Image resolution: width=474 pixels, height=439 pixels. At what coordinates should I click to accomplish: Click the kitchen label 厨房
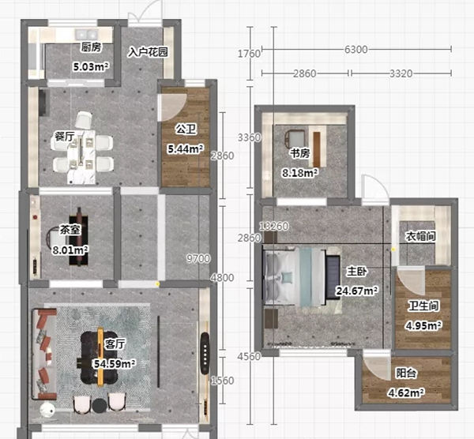(x=92, y=47)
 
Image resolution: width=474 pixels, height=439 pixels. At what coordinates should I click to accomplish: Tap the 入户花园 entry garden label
(x=148, y=52)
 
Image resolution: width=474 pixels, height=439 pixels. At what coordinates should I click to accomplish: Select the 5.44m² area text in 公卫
(x=186, y=148)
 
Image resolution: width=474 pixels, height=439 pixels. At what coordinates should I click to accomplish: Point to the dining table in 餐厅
(x=81, y=156)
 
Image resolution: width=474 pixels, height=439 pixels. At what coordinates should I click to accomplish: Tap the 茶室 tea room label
(x=70, y=230)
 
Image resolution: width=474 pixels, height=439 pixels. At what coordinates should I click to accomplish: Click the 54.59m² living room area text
(x=115, y=363)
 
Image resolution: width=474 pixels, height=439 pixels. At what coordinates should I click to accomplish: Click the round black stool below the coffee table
(x=100, y=406)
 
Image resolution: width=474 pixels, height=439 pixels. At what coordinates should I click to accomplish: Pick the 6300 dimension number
(x=356, y=49)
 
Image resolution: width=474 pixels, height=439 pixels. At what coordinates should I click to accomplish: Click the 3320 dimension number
(x=401, y=73)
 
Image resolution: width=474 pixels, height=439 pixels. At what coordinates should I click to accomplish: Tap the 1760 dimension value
(x=249, y=54)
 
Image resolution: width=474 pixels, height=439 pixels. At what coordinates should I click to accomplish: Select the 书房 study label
(x=300, y=153)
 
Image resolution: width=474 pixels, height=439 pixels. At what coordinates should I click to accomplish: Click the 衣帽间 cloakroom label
(x=421, y=236)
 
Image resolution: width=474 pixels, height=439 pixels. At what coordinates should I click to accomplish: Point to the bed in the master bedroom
(x=295, y=277)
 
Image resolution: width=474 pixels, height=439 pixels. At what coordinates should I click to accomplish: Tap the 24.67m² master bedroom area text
(x=357, y=291)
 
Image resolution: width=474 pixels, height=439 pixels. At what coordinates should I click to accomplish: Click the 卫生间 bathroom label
(x=423, y=306)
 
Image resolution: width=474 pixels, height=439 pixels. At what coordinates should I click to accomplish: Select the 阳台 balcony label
(x=406, y=373)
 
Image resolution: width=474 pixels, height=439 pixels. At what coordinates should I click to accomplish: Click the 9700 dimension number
(x=198, y=259)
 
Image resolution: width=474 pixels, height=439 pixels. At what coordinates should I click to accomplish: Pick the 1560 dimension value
(x=223, y=381)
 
